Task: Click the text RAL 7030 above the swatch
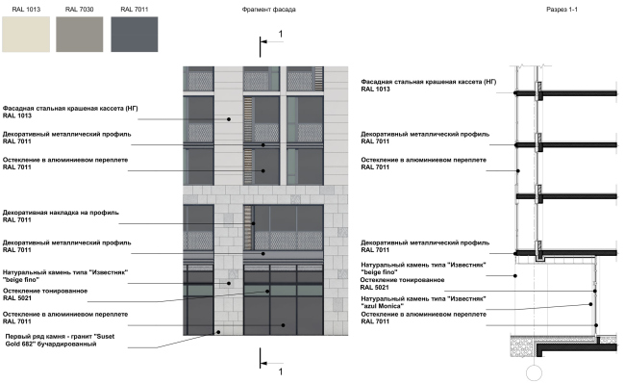point(78,9)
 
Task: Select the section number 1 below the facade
point(280,370)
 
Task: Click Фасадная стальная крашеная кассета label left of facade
point(71,110)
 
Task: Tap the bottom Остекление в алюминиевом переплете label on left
point(64,315)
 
